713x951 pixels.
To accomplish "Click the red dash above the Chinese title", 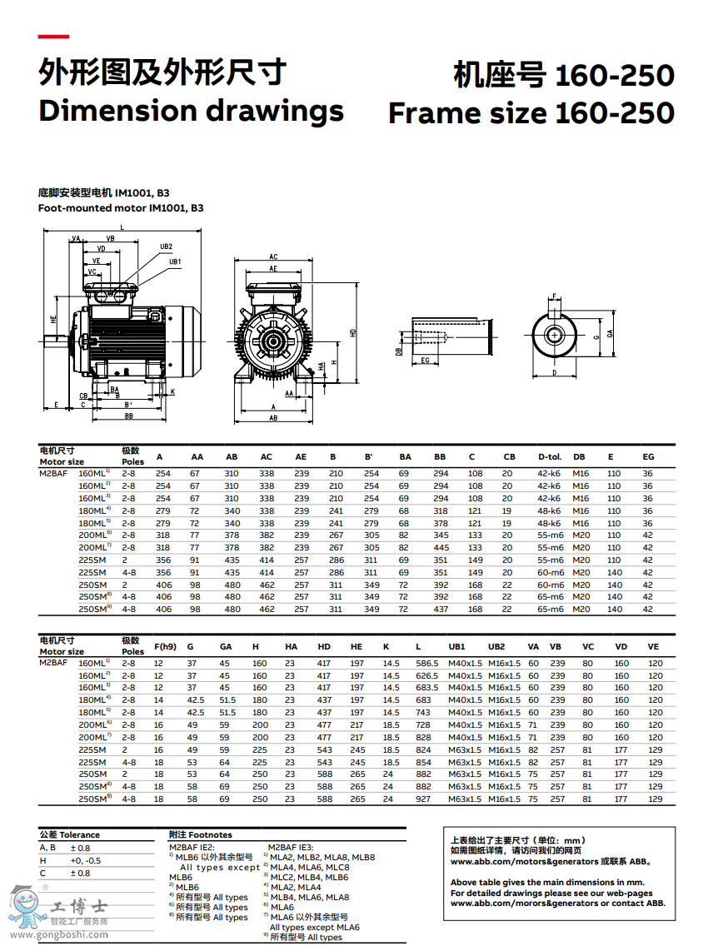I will tap(53, 37).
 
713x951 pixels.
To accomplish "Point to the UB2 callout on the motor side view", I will tap(166, 246).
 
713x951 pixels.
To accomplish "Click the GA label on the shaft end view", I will tap(610, 333).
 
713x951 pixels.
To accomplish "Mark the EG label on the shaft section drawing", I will tap(426, 361).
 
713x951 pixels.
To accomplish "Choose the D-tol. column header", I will tap(550, 457).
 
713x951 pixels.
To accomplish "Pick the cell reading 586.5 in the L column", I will tap(426, 663).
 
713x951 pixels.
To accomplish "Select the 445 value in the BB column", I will tap(441, 547).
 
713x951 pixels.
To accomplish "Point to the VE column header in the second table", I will tap(654, 647).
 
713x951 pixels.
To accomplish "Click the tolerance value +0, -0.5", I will tap(86, 860).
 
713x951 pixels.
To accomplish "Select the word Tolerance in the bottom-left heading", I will tap(79, 834).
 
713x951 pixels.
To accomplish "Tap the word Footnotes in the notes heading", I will tap(211, 834).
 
